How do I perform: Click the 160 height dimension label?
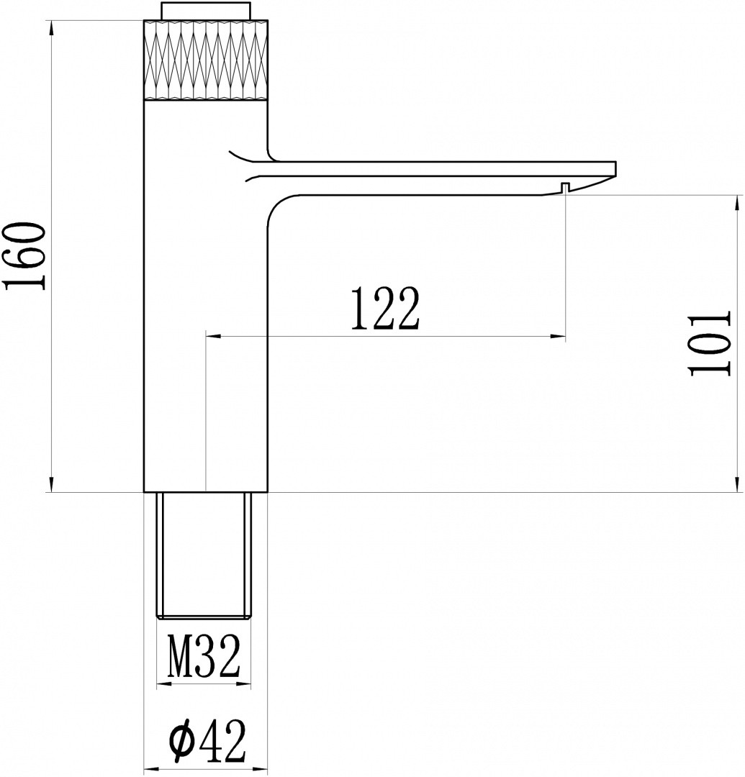coord(24,255)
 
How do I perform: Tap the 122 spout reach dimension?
coord(385,308)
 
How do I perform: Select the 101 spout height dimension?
coord(709,343)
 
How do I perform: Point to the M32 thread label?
coord(203,656)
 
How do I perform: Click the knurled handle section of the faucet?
coord(206,60)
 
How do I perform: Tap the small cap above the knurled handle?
coord(206,11)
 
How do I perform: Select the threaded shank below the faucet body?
coord(204,555)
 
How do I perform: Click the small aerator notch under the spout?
coord(564,187)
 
